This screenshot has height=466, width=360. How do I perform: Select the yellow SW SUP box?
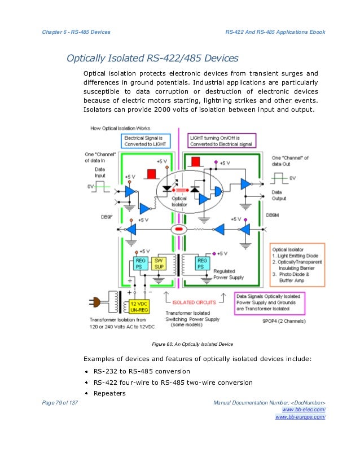159,263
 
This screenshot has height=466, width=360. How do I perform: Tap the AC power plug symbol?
95,300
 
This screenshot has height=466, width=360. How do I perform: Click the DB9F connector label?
106,216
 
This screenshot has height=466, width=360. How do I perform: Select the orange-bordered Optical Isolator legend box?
297,264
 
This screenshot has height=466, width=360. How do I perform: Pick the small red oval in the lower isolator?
179,230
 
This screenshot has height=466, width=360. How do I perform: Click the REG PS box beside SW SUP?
141,263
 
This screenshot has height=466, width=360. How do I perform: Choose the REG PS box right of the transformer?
202,263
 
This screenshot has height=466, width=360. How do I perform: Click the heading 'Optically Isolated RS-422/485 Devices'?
152,58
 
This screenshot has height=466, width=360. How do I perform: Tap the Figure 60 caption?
192,344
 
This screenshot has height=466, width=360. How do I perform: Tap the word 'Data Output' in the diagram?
279,195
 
